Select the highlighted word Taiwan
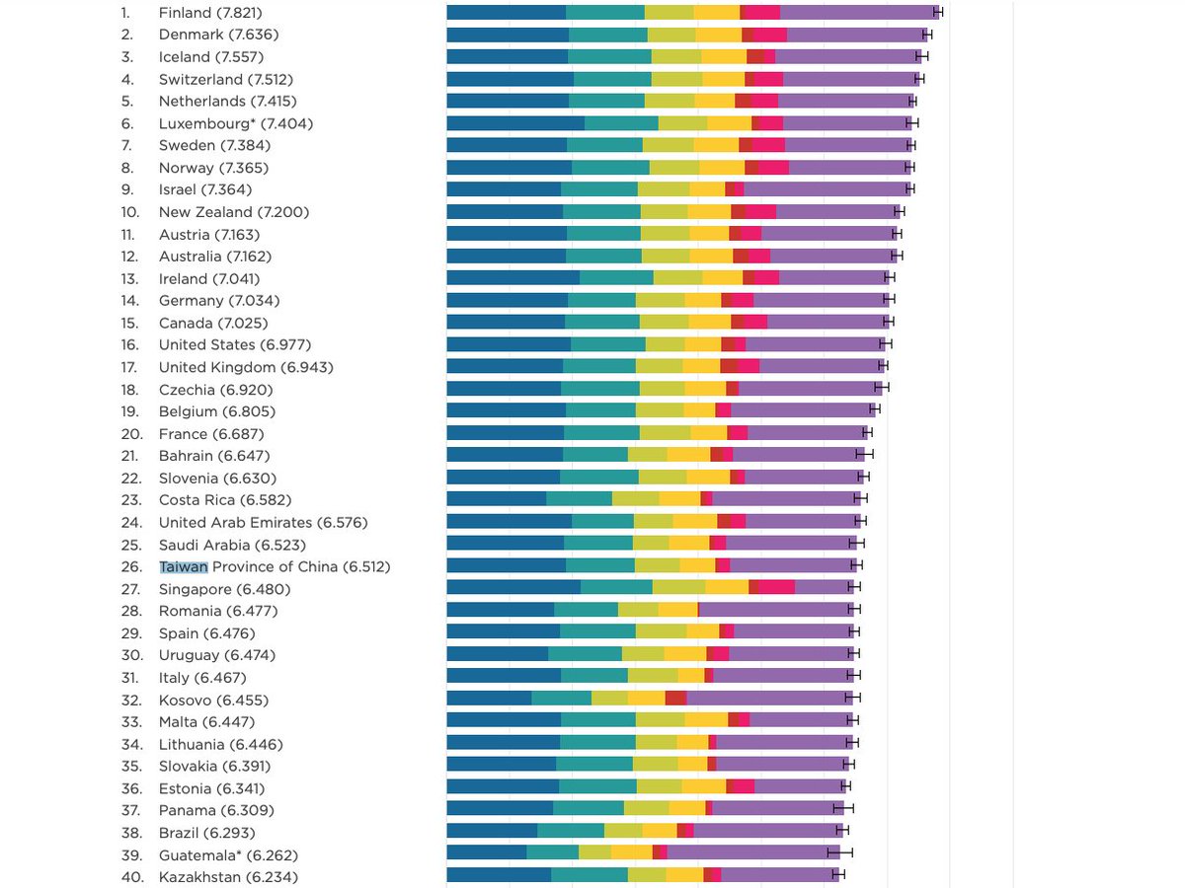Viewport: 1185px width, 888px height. point(184,566)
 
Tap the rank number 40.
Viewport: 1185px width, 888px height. point(131,876)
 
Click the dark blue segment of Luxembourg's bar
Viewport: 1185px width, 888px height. point(514,123)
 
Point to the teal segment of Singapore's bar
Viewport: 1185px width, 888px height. point(616,588)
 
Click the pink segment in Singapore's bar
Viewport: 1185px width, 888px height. point(777,588)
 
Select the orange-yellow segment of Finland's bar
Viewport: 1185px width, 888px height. point(716,13)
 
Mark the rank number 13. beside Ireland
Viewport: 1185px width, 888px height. point(131,278)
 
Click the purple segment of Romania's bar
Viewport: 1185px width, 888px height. point(776,611)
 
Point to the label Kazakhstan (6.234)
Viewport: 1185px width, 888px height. point(228,876)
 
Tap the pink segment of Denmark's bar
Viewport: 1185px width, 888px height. point(770,35)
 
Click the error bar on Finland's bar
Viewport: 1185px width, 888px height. point(938,13)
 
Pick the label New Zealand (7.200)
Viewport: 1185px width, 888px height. point(234,212)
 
